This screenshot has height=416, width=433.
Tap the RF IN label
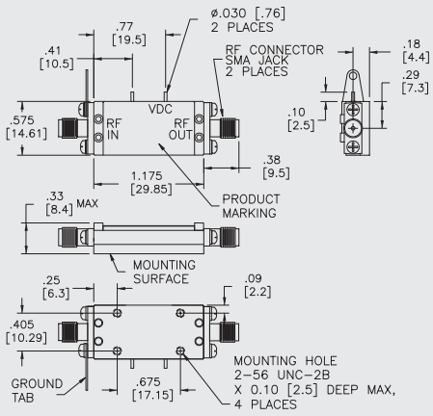(115, 130)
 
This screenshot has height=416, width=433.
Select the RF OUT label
(182, 130)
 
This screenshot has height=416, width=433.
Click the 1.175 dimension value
(149, 176)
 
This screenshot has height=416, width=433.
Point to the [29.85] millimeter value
(149, 190)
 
